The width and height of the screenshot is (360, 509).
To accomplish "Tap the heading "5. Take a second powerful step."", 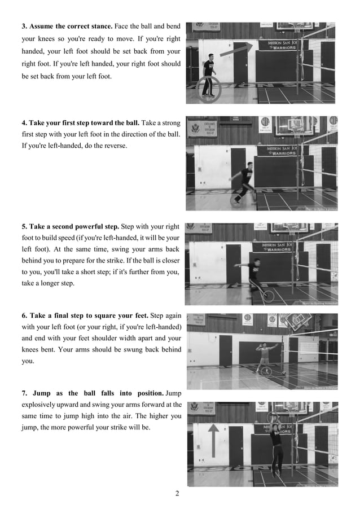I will pos(70,227).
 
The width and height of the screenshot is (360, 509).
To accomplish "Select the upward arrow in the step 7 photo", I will pos(215,441).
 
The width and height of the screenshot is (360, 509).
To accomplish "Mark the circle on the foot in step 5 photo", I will pos(269,296).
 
